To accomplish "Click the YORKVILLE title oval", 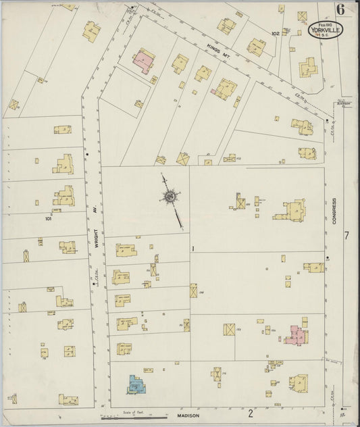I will (326, 30).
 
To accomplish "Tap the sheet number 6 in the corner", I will (338, 9).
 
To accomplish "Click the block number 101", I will (49, 218).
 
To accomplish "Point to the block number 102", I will (275, 33).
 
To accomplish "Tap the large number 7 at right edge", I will (346, 235).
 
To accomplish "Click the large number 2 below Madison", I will (250, 412).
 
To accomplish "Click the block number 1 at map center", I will (193, 249).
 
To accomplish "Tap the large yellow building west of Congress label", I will (291, 211).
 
